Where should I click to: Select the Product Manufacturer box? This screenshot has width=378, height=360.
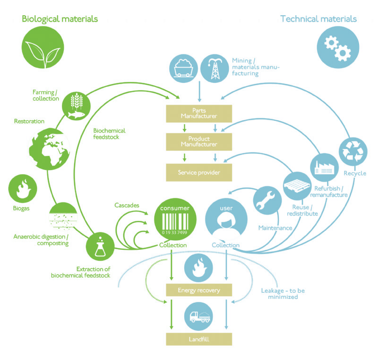[199, 141]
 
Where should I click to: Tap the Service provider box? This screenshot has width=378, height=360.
[199, 172]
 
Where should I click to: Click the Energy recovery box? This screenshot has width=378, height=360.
[199, 290]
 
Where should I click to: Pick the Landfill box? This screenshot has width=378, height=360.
[199, 339]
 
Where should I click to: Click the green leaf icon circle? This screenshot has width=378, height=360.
[38, 47]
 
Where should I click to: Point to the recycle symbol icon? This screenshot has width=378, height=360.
[354, 150]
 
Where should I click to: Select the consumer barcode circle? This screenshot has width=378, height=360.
[174, 220]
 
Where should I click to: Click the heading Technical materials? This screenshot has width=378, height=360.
[318, 19]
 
